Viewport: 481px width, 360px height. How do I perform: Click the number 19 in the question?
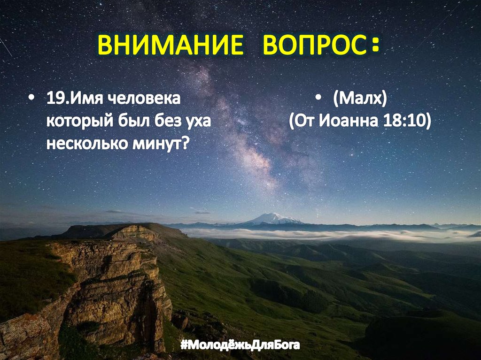(54, 100)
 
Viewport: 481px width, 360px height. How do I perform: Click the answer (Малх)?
(360, 100)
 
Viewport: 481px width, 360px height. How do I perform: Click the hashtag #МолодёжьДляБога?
(240, 346)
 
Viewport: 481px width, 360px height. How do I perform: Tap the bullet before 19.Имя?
(31, 100)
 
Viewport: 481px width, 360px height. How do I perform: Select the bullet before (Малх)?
(318, 100)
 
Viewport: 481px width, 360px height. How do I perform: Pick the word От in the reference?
(308, 122)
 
